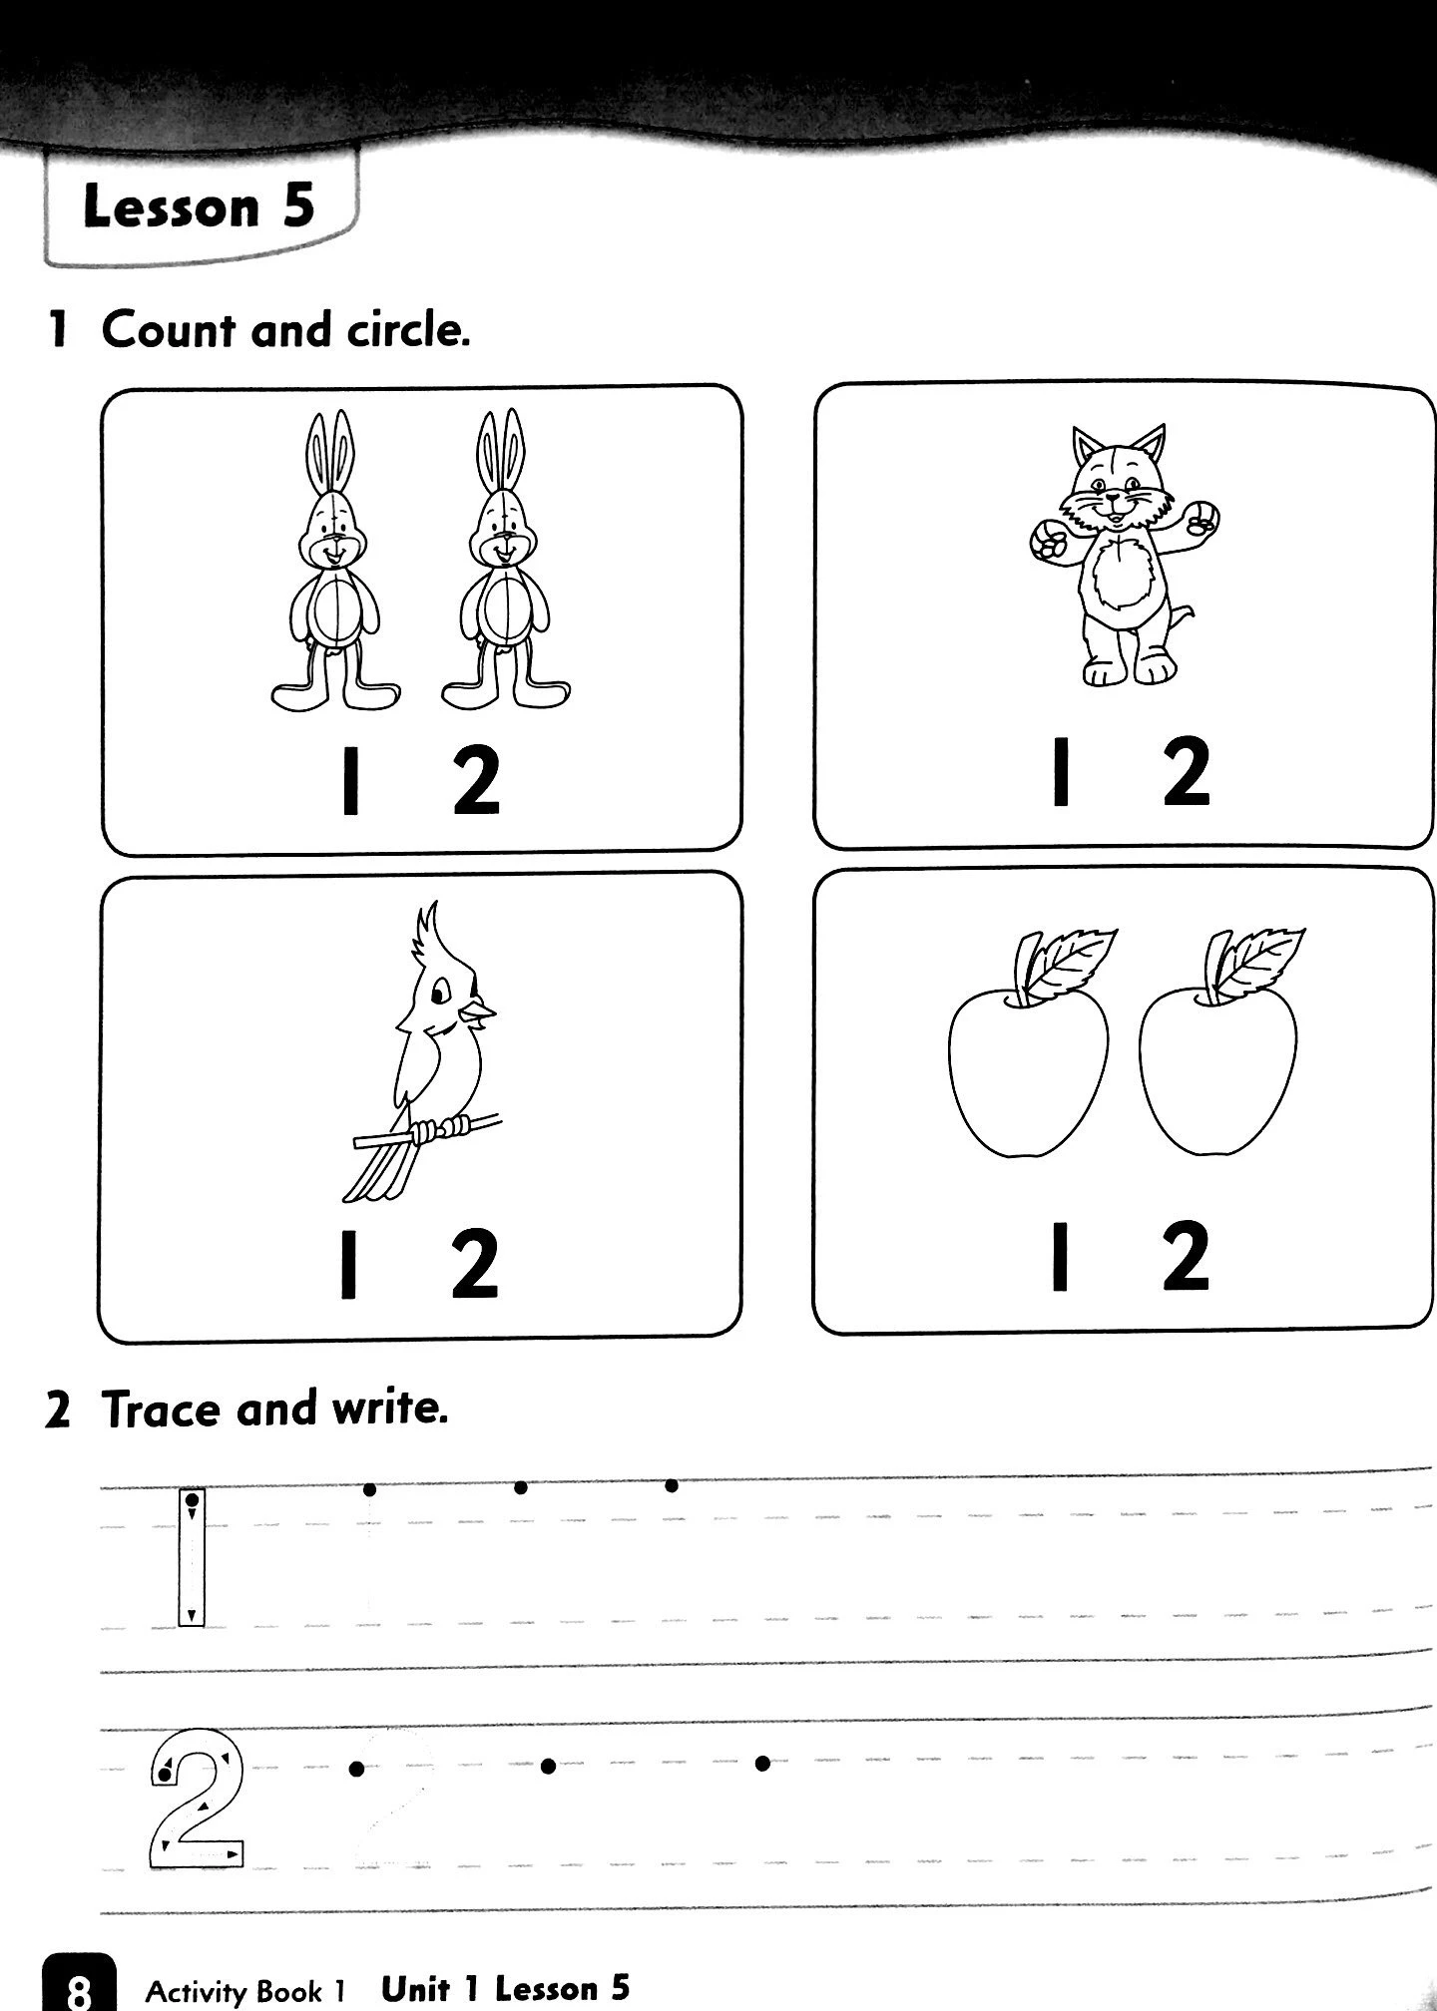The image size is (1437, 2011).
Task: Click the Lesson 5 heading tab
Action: coord(200,206)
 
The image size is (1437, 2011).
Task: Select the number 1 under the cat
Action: coord(1061,771)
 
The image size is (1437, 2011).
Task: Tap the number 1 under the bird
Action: coord(348,1264)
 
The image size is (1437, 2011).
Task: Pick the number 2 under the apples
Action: coord(1187,1256)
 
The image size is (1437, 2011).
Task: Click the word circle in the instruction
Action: coord(408,330)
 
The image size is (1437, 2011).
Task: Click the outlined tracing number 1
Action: coord(192,1558)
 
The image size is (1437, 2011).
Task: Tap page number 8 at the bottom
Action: coord(79,1991)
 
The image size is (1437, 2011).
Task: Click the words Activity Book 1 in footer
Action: coord(244,1991)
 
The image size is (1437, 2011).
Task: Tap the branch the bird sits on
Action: coord(429,1132)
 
